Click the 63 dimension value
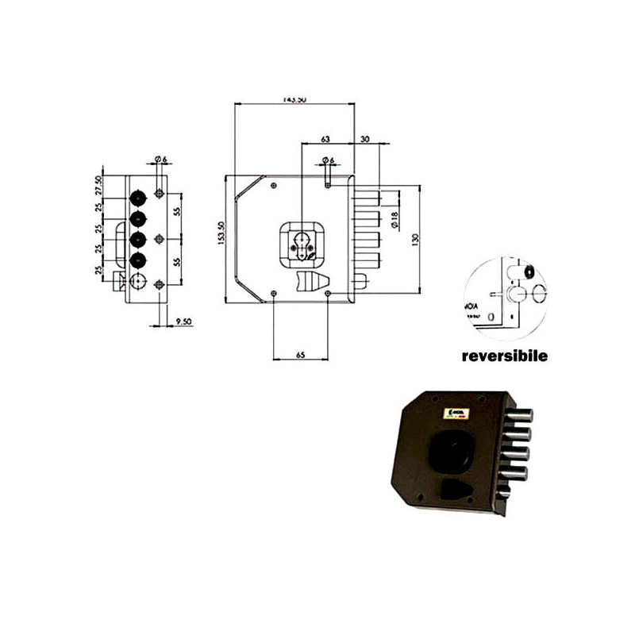click(325, 139)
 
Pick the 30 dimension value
click(365, 139)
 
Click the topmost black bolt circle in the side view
click(138, 195)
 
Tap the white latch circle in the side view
click(138, 281)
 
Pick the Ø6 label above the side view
click(159, 160)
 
